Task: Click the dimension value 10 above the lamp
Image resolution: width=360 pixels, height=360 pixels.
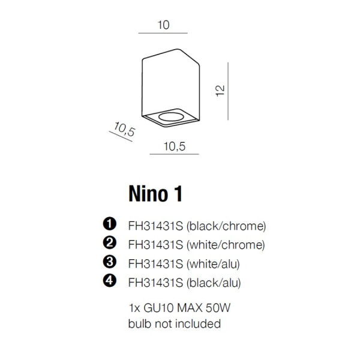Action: click(163, 25)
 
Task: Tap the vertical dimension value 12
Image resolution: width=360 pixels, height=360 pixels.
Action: click(220, 91)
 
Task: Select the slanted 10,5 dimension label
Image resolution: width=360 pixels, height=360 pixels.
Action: click(124, 129)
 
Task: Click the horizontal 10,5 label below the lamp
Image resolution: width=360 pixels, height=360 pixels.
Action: click(174, 146)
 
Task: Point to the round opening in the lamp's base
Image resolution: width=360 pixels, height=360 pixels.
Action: click(171, 116)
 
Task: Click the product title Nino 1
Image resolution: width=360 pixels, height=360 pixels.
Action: click(155, 194)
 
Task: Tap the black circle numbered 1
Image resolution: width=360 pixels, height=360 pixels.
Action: click(110, 224)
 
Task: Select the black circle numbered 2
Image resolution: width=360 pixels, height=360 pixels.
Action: click(110, 242)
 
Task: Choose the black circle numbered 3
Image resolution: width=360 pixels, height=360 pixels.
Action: click(110, 262)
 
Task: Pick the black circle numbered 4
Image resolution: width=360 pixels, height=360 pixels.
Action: click(110, 281)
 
